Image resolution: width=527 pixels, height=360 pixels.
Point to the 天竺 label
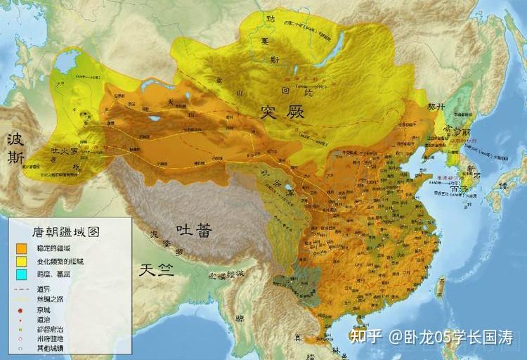[155, 269]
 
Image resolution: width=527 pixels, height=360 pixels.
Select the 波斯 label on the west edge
[15, 148]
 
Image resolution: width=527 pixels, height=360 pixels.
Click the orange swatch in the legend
[22, 247]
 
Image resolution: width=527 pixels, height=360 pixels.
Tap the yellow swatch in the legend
[22, 262]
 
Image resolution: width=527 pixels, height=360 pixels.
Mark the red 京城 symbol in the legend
[22, 309]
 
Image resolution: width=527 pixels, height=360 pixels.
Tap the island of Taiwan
[441, 285]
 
